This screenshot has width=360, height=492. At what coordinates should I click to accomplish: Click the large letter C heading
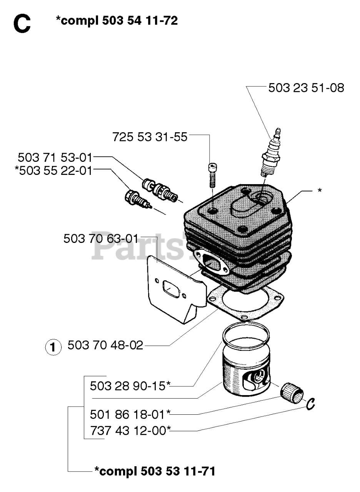pyautogui.click(x=22, y=24)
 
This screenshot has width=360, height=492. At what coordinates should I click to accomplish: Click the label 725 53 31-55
pyautogui.click(x=150, y=136)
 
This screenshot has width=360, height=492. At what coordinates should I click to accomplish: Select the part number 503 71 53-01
pyautogui.click(x=55, y=157)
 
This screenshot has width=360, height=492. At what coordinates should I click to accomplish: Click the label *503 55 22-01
pyautogui.click(x=53, y=170)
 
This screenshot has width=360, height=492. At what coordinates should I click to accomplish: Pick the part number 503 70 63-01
pyautogui.click(x=100, y=239)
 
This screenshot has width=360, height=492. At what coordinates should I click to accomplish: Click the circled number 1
pyautogui.click(x=53, y=347)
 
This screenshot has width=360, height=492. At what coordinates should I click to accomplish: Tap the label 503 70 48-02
pyautogui.click(x=105, y=345)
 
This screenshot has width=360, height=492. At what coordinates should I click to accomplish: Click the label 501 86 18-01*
pyautogui.click(x=130, y=414)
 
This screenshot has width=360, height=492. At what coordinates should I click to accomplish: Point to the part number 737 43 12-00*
pyautogui.click(x=130, y=430)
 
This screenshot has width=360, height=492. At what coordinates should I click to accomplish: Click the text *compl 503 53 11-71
pyautogui.click(x=155, y=470)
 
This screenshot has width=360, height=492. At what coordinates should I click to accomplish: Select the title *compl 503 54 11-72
pyautogui.click(x=117, y=21)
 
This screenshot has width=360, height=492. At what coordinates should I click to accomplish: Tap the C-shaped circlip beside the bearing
pyautogui.click(x=311, y=404)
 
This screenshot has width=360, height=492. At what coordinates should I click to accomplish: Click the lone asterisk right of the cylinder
pyautogui.click(x=320, y=191)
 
